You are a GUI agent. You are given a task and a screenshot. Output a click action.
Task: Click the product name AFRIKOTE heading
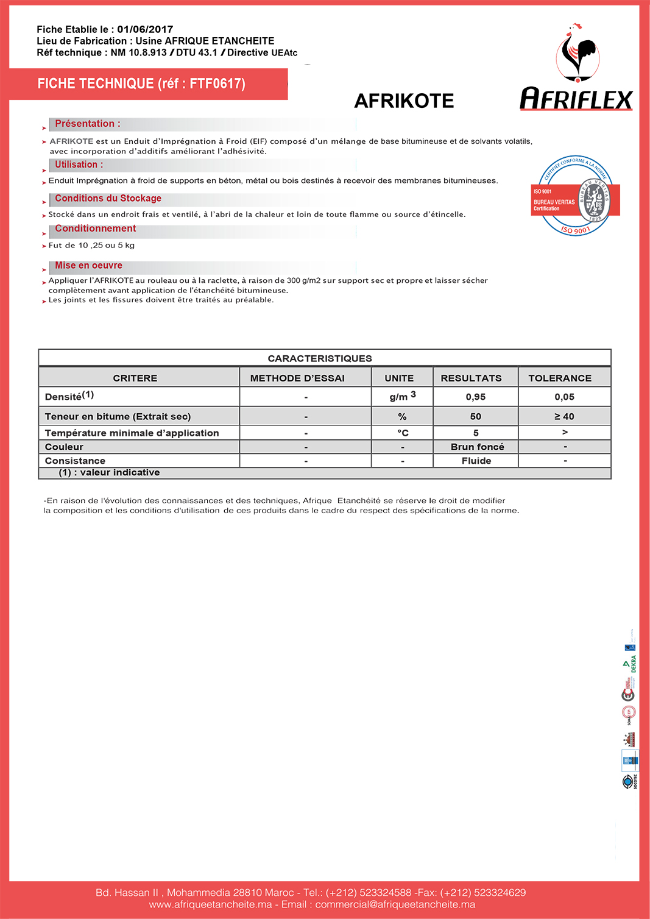[x=404, y=101]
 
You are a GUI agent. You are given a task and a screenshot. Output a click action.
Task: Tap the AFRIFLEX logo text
[x=576, y=99]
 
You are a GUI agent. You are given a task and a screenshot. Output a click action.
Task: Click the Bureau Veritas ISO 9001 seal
[x=576, y=196]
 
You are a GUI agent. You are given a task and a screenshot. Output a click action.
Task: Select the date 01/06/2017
[x=145, y=29]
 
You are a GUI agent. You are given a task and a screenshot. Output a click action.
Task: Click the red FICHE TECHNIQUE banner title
[x=141, y=83]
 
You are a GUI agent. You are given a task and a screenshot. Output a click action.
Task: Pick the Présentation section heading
[x=87, y=124]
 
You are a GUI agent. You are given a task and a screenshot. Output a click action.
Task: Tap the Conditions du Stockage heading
[x=108, y=198]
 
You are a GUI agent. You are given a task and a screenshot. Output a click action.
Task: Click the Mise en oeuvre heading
[x=88, y=265]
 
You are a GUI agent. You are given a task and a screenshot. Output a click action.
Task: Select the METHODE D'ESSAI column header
[x=297, y=378]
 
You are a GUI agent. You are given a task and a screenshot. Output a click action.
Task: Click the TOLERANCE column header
[x=560, y=378]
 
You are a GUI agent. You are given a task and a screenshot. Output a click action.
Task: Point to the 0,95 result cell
[x=475, y=397]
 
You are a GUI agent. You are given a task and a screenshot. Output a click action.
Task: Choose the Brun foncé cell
[x=477, y=447]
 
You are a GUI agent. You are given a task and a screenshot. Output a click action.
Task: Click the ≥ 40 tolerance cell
[x=564, y=416]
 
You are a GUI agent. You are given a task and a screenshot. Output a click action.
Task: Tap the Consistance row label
[x=75, y=461]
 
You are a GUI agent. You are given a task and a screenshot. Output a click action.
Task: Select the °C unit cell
[x=403, y=433]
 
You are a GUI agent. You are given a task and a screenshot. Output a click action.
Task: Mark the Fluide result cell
[x=476, y=461]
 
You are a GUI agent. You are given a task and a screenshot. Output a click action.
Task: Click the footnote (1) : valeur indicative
[x=109, y=472]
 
